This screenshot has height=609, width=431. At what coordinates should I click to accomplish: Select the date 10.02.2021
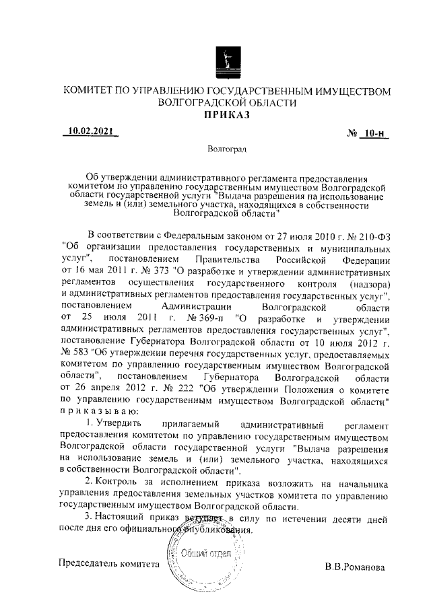click(92, 131)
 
